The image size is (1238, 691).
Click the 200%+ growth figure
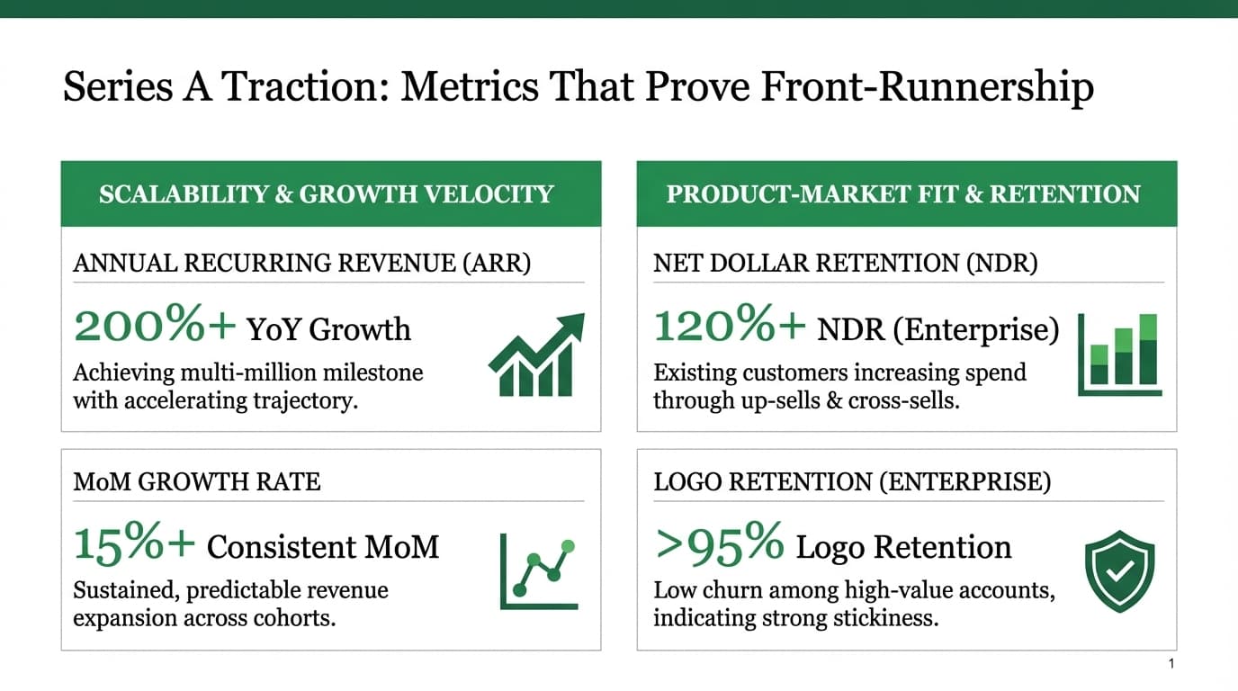pos(154,327)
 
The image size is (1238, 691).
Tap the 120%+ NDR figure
pos(729,327)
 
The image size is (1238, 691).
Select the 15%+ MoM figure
pos(134,545)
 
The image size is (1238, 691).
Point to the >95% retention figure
pos(719,545)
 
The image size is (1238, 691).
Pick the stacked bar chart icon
pos(1120,354)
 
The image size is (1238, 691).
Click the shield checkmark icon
pos(1119,570)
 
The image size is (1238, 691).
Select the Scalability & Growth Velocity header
pos(326,194)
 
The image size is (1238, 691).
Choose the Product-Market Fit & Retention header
pos(903,194)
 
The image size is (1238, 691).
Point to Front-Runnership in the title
pos(927,87)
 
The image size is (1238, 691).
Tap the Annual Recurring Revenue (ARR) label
pos(301,263)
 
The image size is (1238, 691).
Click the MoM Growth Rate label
pos(196,481)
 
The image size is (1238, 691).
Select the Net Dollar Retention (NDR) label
pos(845,263)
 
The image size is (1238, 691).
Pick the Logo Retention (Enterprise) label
pos(851,481)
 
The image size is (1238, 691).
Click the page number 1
pos(1171,664)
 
